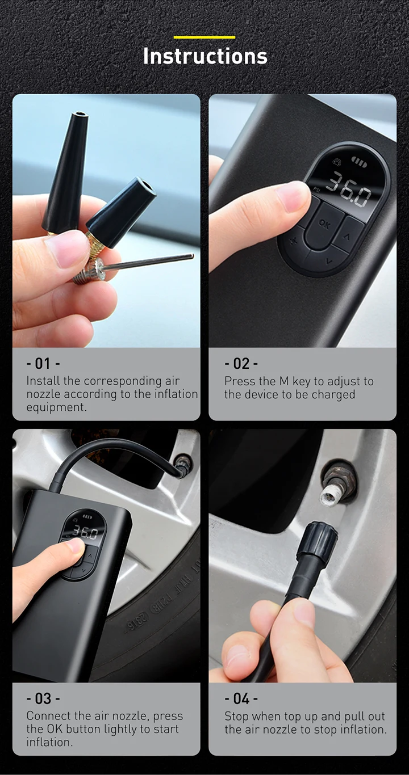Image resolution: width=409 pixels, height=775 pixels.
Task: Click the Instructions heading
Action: click(x=205, y=56)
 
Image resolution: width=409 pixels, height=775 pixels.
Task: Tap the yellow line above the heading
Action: click(x=204, y=37)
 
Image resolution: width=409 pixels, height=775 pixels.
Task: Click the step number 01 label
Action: click(x=43, y=364)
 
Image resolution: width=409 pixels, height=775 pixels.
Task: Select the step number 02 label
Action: click(x=241, y=364)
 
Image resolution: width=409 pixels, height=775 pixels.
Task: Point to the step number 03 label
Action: click(x=43, y=698)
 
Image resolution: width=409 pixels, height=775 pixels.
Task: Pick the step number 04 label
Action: click(x=241, y=698)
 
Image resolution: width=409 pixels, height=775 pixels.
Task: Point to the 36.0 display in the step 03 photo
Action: click(x=85, y=533)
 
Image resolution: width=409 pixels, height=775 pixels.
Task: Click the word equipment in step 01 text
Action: click(x=56, y=407)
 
